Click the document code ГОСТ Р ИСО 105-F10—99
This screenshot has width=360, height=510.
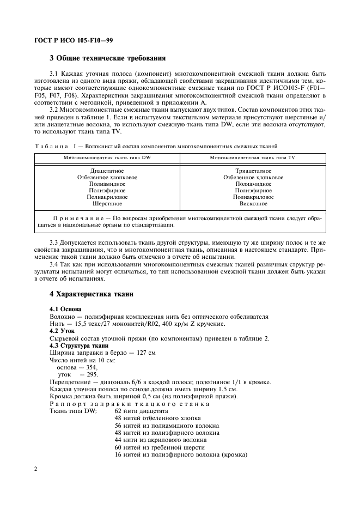coord(73,40)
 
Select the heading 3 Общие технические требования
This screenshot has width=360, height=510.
coord(107,58)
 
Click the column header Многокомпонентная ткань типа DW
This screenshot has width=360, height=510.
coord(107,157)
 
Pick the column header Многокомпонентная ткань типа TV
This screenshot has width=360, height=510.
coord(253,157)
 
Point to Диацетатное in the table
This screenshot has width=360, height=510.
coord(107,171)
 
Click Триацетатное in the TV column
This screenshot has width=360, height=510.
coord(253,171)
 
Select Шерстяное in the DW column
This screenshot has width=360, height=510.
coord(107,204)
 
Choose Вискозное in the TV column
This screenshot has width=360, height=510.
coord(253,204)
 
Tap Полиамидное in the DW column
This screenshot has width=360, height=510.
coord(107,184)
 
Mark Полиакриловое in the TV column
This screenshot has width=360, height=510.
coord(253,197)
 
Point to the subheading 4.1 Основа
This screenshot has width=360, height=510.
coord(65,309)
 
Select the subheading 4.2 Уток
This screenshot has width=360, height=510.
coord(62,331)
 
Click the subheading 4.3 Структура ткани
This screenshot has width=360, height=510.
coord(79,345)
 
